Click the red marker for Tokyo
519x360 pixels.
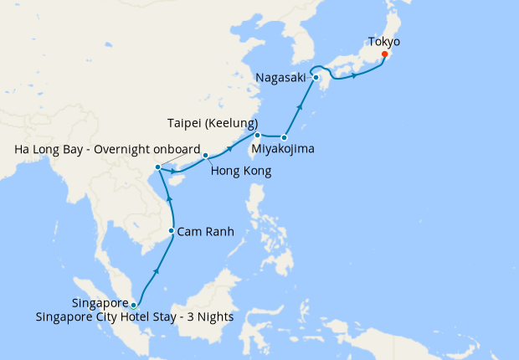(384, 55)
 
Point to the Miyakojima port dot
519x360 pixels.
(285, 136)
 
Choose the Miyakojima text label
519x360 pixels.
(285, 151)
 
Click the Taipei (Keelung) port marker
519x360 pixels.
(257, 135)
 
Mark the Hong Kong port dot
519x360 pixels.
(205, 155)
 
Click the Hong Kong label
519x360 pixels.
(240, 171)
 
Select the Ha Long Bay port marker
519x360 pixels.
(158, 170)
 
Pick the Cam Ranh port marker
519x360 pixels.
(172, 231)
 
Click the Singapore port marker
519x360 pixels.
(134, 305)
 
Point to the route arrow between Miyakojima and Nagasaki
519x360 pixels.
(300, 107)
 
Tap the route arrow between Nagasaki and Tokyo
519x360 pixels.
(355, 76)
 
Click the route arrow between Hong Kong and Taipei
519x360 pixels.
(229, 150)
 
